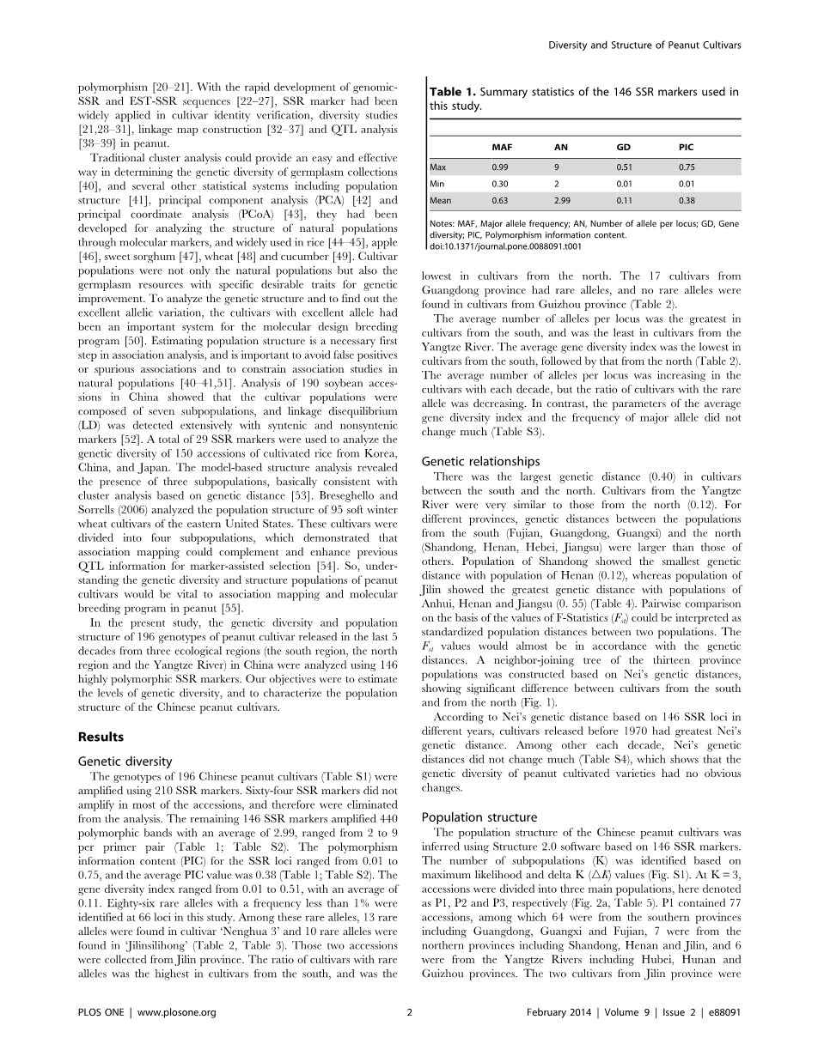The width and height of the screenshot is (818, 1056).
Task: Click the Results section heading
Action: tap(101, 737)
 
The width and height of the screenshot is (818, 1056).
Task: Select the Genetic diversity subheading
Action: tap(125, 761)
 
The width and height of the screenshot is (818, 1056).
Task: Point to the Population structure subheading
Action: tap(480, 817)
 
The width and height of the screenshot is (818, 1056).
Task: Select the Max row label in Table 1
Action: tap(440, 168)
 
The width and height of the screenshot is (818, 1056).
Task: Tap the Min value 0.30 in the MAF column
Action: tap(499, 184)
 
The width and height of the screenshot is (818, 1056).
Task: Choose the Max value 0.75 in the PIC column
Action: tap(686, 168)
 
